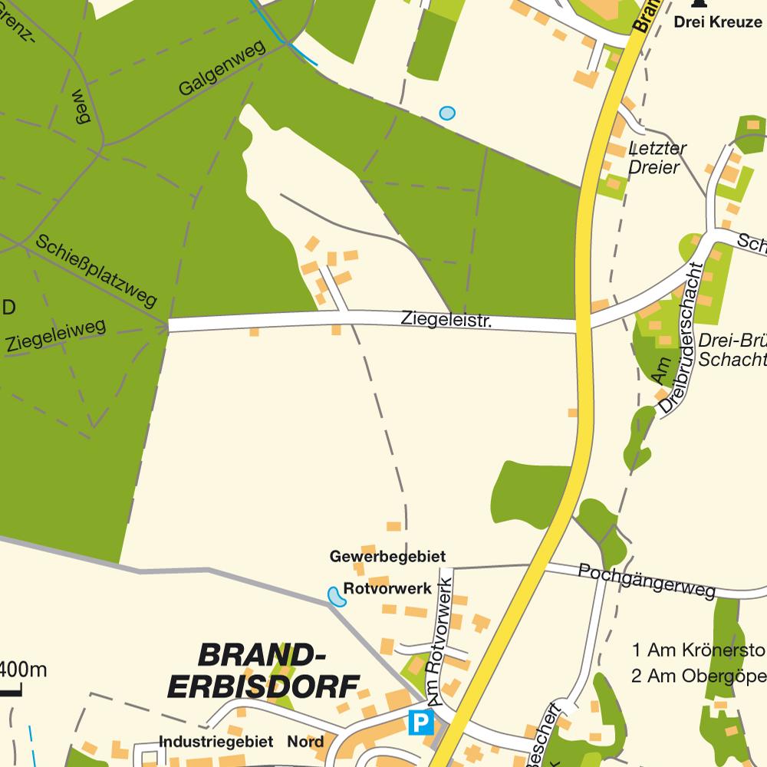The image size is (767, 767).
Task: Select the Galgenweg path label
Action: (x=222, y=68)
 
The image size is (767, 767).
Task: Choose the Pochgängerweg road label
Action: (x=647, y=581)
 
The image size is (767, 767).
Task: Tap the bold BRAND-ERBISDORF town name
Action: (x=263, y=670)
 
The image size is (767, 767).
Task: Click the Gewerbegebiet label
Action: (x=387, y=556)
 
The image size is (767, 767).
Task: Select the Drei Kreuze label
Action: (x=718, y=21)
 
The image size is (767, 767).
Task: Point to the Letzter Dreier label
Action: (x=656, y=157)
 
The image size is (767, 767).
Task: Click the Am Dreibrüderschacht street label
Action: (x=676, y=340)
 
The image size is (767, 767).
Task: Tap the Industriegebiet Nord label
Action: (x=241, y=742)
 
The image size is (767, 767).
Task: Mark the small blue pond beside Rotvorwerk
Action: (x=336, y=597)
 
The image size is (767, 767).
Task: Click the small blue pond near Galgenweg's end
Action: (x=446, y=114)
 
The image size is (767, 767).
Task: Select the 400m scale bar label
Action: (x=23, y=670)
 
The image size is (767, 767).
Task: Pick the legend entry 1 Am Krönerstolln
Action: (x=699, y=651)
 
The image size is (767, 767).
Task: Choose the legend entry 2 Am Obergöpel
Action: (x=699, y=676)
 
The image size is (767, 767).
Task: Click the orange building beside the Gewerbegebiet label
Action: (x=393, y=527)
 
